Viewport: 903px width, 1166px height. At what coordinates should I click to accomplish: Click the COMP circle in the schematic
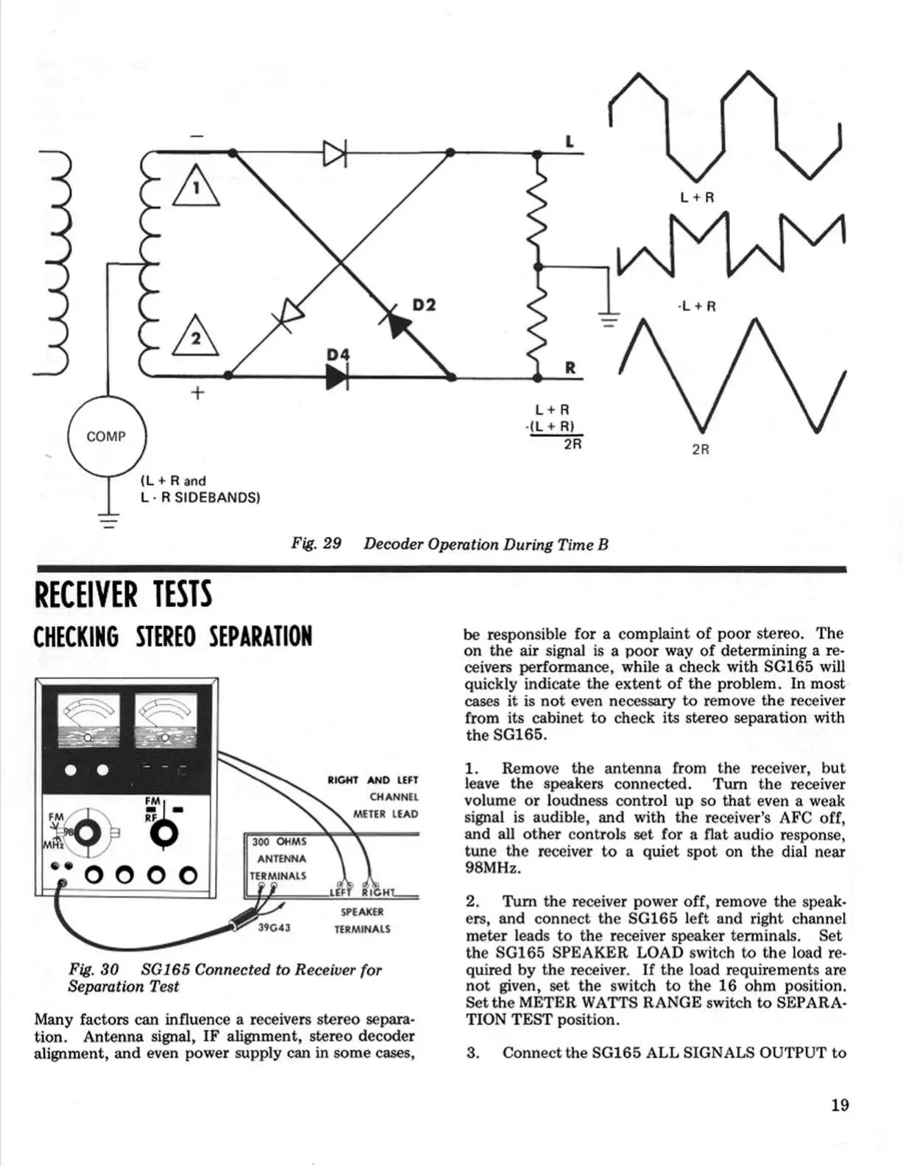pyautogui.click(x=107, y=436)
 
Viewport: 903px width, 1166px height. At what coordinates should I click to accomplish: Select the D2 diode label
pyautogui.click(x=423, y=304)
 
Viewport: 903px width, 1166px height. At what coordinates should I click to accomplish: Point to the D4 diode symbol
pyautogui.click(x=336, y=376)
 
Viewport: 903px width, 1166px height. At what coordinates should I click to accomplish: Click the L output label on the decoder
pyautogui.click(x=570, y=141)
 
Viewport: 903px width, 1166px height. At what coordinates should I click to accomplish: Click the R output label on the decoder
pyautogui.click(x=570, y=368)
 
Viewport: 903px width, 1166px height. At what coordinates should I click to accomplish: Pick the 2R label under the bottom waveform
pyautogui.click(x=701, y=449)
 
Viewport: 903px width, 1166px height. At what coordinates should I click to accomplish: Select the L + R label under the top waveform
pyautogui.click(x=697, y=197)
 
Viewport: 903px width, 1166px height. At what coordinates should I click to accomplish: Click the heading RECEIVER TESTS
pyautogui.click(x=123, y=594)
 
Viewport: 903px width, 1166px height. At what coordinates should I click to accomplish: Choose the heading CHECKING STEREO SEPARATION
pyautogui.click(x=173, y=637)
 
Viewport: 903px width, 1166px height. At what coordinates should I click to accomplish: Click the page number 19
pyautogui.click(x=840, y=1105)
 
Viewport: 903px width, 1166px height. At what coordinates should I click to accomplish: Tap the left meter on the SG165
pyautogui.click(x=88, y=722)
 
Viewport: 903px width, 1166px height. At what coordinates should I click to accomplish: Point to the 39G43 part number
pyautogui.click(x=274, y=928)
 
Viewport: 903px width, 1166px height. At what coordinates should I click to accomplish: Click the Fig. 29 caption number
pyautogui.click(x=316, y=544)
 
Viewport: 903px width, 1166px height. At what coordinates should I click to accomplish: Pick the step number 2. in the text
pyautogui.click(x=472, y=902)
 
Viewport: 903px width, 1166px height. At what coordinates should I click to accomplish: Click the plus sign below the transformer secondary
pyautogui.click(x=196, y=394)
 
